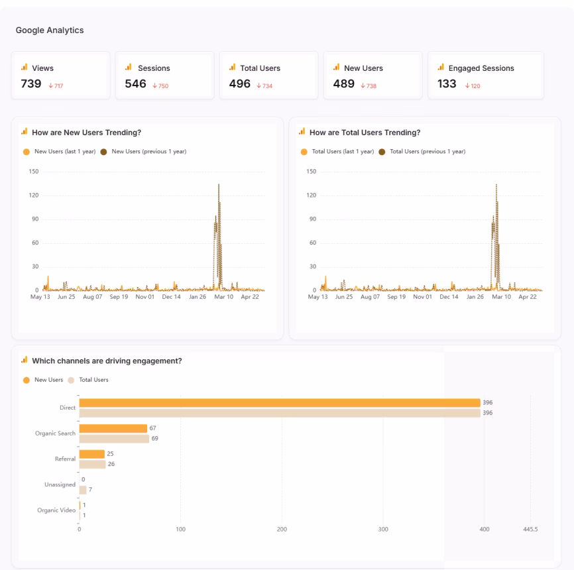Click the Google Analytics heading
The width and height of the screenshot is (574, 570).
[50, 30]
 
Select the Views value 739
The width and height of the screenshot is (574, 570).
[32, 84]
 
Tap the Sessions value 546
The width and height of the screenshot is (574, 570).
[135, 84]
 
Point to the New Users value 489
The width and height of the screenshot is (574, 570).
[343, 84]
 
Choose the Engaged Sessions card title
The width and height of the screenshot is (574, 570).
[481, 68]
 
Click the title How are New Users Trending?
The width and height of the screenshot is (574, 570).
[86, 133]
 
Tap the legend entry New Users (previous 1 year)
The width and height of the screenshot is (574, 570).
[148, 152]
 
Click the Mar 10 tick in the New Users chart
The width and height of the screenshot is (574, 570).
[222, 297]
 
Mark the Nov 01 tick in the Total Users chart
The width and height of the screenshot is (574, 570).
[423, 297]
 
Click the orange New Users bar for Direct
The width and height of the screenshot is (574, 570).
[279, 403]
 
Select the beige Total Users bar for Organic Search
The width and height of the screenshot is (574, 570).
[114, 439]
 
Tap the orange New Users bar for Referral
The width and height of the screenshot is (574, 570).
[92, 454]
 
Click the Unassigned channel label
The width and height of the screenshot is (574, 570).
[60, 484]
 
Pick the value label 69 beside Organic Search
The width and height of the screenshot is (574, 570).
[155, 439]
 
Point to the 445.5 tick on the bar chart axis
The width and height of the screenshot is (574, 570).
[530, 529]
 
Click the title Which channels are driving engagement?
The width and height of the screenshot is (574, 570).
[107, 361]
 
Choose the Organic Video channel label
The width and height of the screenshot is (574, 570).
[56, 510]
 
